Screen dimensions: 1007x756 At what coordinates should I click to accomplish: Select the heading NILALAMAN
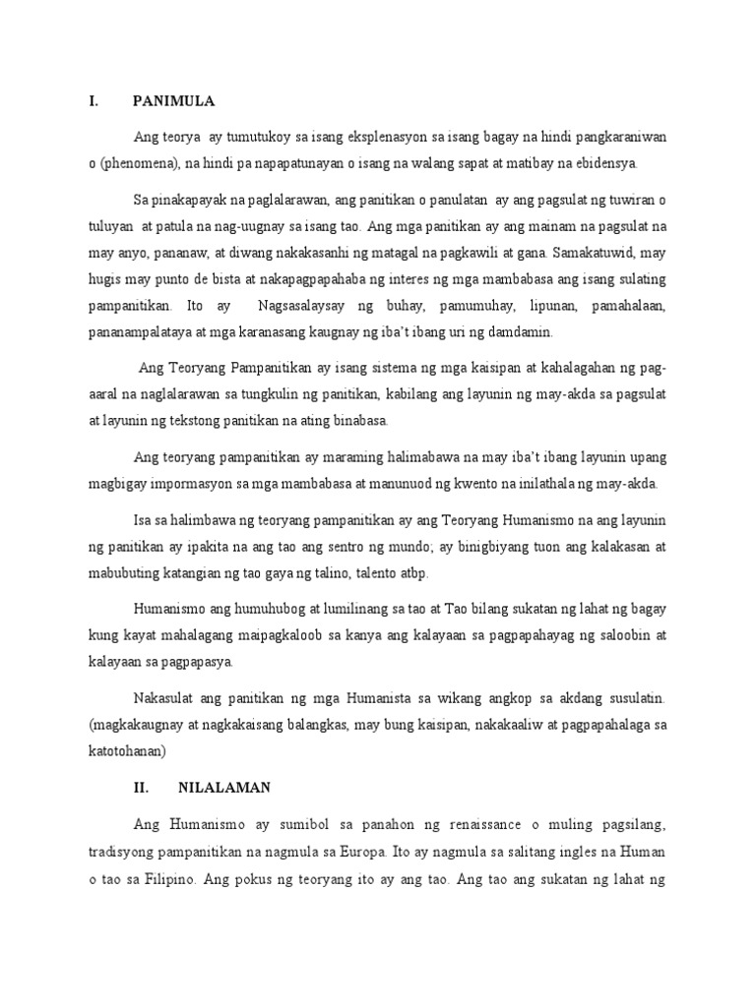tap(223, 788)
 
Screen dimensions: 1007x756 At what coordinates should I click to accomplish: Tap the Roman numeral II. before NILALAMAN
tap(140, 788)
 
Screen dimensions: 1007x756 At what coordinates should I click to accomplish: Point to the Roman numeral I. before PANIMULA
tap(92, 101)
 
